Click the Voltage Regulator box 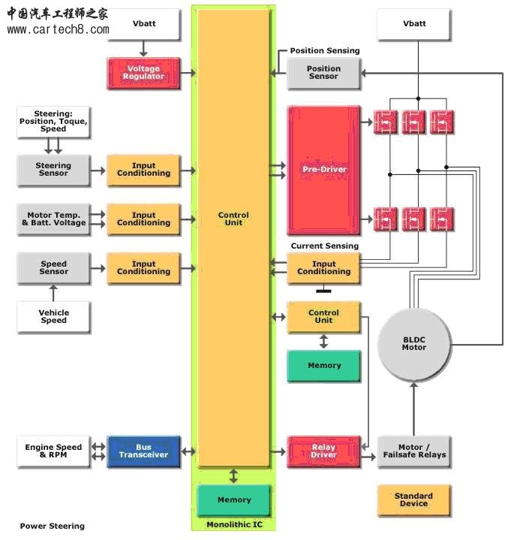(143, 73)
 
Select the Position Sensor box (323, 73)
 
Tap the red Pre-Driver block (323, 170)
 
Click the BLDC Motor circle (413, 343)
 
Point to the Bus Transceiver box (143, 451)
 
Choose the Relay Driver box (323, 451)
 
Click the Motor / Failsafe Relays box (413, 451)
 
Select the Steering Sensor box (53, 170)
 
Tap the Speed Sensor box (53, 268)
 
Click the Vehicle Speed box (53, 316)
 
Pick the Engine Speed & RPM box (53, 451)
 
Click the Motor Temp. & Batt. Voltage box (53, 219)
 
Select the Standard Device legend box (413, 499)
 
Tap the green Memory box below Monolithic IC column (233, 499)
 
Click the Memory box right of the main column (323, 366)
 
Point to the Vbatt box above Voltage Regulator (143, 24)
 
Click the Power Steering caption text (52, 526)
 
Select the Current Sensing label (324, 246)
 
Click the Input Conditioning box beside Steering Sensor (143, 170)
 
